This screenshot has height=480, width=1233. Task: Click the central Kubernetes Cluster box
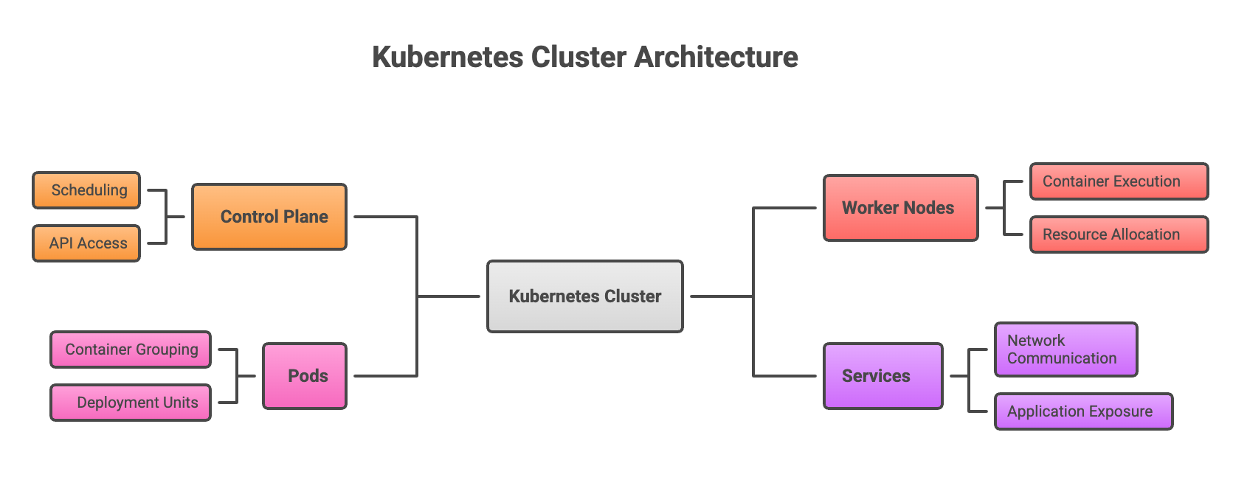click(x=584, y=296)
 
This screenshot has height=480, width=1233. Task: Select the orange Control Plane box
click(x=269, y=217)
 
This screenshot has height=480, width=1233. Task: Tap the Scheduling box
click(x=86, y=190)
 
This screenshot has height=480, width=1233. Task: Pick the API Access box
click(x=86, y=243)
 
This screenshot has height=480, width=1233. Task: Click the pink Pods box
click(x=305, y=376)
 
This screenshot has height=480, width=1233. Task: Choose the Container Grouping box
click(x=131, y=349)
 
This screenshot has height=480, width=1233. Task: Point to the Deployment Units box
click(x=131, y=403)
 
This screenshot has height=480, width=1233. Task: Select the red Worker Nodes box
click(x=900, y=208)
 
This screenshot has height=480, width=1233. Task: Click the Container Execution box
click(x=1119, y=181)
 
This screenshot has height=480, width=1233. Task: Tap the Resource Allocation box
click(x=1119, y=234)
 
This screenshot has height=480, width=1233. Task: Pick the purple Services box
click(x=883, y=376)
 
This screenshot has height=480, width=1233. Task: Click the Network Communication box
click(x=1066, y=349)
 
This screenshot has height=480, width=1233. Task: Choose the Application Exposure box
click(x=1083, y=411)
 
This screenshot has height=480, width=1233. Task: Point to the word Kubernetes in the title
click(x=447, y=57)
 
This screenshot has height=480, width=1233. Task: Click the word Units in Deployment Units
click(x=181, y=403)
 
